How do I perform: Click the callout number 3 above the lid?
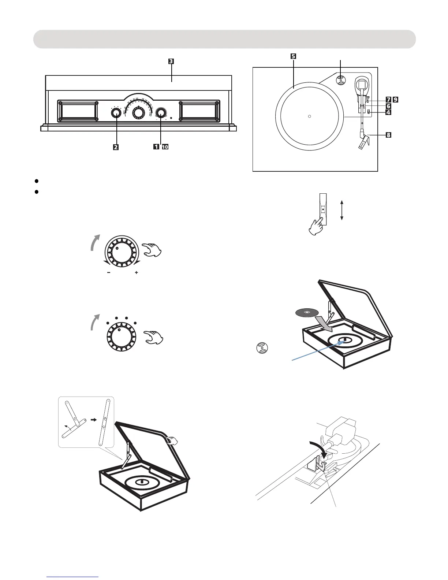pyautogui.click(x=171, y=61)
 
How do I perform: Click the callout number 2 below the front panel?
pyautogui.click(x=116, y=147)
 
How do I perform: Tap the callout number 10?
pyautogui.click(x=165, y=147)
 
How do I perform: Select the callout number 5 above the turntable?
pyautogui.click(x=293, y=56)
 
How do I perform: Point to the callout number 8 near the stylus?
pyautogui.click(x=388, y=135)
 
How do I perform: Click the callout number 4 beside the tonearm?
pyautogui.click(x=388, y=112)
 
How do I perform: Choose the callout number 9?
pyautogui.click(x=395, y=99)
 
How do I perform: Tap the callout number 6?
pyautogui.click(x=388, y=106)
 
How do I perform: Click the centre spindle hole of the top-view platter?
pyautogui.click(x=309, y=116)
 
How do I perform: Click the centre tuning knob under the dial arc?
pyautogui.click(x=138, y=113)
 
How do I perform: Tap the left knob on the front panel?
pyautogui.click(x=116, y=113)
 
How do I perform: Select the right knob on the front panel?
pyautogui.click(x=160, y=113)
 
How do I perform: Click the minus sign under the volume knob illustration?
pyautogui.click(x=109, y=273)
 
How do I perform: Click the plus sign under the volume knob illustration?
pyautogui.click(x=136, y=273)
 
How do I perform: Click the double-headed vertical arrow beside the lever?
pyautogui.click(x=341, y=210)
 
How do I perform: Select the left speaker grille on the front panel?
pyautogui.click(x=77, y=111)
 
